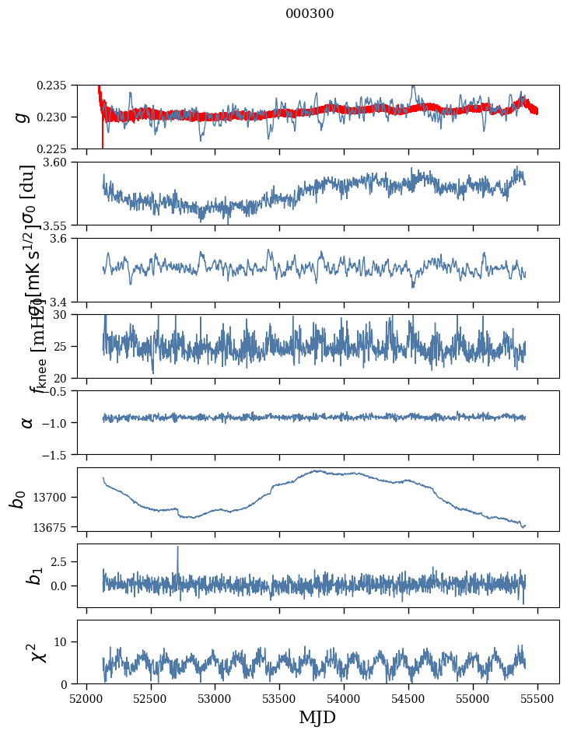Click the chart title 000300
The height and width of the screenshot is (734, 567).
310,14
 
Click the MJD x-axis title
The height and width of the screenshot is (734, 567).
317,718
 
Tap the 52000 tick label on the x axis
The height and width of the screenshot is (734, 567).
86,698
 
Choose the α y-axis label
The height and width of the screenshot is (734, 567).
27,422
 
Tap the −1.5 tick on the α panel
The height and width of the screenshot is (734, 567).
58,454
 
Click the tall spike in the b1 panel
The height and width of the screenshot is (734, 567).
177,547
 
